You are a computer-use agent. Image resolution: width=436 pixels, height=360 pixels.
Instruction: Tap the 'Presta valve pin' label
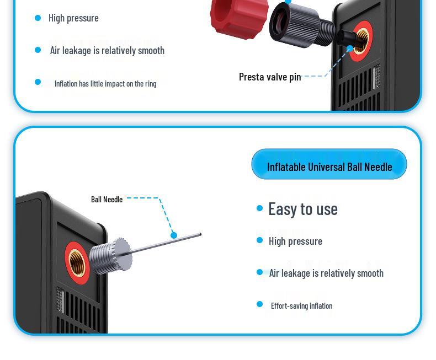[x=270, y=77]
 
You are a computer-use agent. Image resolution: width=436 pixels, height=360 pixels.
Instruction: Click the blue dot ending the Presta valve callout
[x=349, y=49]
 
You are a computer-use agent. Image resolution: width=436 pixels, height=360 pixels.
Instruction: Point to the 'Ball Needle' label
[x=107, y=200]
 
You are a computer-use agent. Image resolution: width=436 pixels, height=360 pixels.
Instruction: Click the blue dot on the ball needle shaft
[x=174, y=235]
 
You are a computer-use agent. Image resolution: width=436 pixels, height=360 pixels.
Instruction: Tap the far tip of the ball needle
[x=200, y=235]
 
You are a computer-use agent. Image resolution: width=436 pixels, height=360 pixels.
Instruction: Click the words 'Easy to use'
[x=302, y=209]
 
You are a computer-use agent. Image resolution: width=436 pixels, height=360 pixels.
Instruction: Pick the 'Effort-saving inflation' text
[x=301, y=306]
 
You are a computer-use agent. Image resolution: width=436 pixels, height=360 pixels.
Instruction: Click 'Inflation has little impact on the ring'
[x=105, y=84]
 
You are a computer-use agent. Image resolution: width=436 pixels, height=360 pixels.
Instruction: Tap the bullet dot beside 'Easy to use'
[x=260, y=208]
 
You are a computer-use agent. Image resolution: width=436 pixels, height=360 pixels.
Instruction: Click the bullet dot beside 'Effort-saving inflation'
[x=259, y=304]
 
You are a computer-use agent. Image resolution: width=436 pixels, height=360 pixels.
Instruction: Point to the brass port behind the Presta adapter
[x=361, y=41]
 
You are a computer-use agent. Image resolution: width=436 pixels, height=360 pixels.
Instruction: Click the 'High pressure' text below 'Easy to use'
[x=295, y=241]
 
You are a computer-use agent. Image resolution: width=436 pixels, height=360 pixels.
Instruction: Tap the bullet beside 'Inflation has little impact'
[x=38, y=82]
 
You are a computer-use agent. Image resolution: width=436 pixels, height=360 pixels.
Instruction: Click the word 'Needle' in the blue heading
[x=378, y=166]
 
